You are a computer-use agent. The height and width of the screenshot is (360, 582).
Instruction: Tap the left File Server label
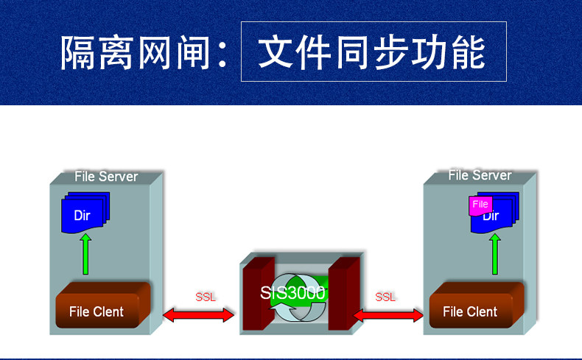click(106, 177)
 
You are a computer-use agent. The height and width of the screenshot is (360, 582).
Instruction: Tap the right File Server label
click(480, 175)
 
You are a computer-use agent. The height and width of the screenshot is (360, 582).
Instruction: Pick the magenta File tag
click(480, 205)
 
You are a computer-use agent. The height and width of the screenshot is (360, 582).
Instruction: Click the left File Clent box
click(97, 310)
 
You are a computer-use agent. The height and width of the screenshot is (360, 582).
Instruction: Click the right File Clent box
click(470, 311)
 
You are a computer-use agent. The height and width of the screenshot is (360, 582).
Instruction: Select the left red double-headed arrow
click(198, 315)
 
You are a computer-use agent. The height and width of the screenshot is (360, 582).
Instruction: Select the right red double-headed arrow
click(388, 315)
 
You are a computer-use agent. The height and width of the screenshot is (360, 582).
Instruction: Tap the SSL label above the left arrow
click(206, 297)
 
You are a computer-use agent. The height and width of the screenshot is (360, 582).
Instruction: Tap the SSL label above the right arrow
click(385, 297)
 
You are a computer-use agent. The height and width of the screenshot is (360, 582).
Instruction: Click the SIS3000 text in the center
click(292, 292)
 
